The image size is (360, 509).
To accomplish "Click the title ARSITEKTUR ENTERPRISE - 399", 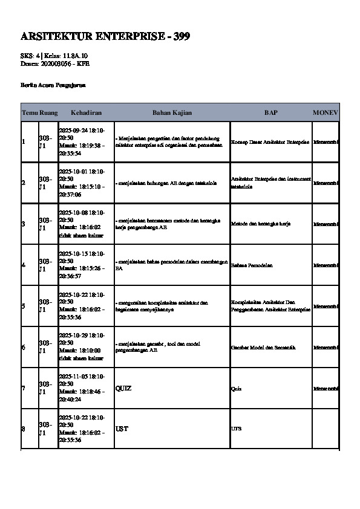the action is coord(105,37).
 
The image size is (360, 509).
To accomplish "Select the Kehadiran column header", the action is coord(85,113).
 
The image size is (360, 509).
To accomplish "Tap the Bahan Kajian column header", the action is coord(171,113).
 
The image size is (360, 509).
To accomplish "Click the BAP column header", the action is coord(270,113).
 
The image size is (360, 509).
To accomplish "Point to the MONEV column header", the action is coord(326,113).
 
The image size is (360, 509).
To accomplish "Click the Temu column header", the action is coord(29,113).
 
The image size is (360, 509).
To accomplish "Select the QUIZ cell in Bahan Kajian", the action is coord(123,388).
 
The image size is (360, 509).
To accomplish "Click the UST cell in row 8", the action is coord(122,429).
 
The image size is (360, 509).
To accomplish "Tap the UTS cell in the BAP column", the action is coord(236,429).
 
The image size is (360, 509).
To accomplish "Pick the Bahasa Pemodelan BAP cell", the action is coord(252,265).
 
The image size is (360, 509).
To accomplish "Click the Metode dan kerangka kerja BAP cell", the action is coord(261,224).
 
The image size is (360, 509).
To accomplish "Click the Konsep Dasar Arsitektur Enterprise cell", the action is coord(270,142).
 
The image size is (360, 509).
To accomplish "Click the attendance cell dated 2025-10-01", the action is coord(82,183).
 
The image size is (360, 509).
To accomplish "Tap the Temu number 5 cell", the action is coord(24,306).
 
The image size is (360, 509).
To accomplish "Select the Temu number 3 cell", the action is coord(24,224).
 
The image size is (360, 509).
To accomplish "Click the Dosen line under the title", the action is coord(47,63).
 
